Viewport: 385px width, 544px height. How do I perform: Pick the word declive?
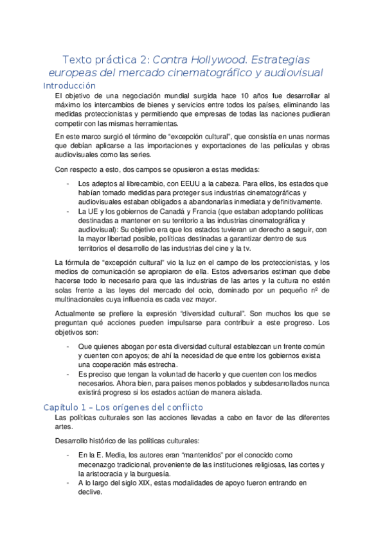click(x=89, y=492)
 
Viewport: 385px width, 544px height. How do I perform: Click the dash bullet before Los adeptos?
click(x=68, y=183)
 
